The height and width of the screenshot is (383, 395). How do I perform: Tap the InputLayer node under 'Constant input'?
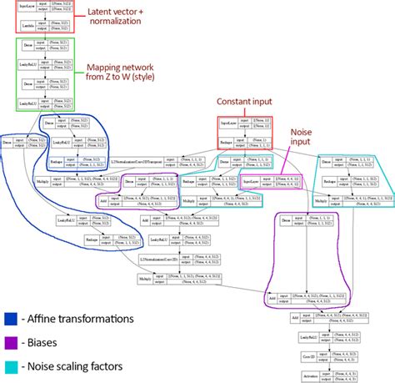pyautogui.click(x=226, y=121)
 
